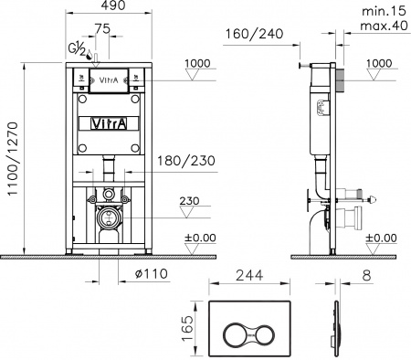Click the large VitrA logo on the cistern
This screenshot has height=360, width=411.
click(109, 122)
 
